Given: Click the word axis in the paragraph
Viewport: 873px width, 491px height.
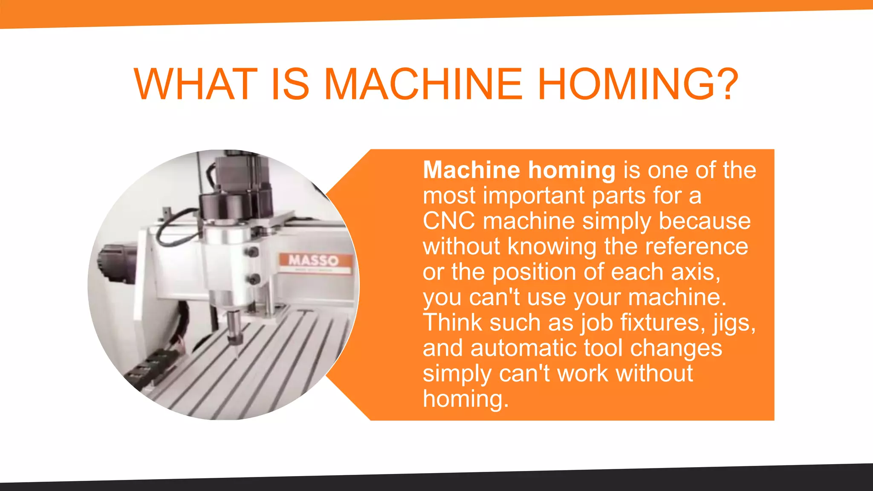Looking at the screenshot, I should [695, 272].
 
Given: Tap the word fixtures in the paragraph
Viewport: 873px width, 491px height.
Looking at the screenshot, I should [660, 322].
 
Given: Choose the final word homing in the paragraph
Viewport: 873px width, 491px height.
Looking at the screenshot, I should [465, 399].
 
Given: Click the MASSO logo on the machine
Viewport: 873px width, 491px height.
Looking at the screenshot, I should [315, 260].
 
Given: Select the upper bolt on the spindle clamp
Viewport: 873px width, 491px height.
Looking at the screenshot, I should [253, 252].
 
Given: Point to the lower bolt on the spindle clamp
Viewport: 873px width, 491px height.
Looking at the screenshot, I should [254, 280].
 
